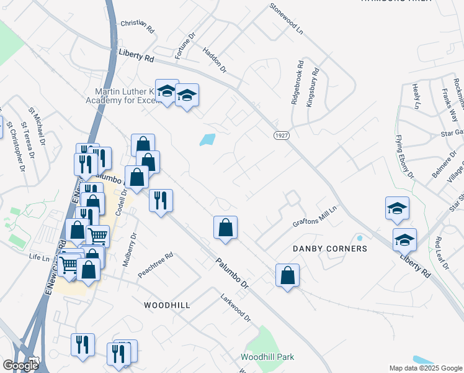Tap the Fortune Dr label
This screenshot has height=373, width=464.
point(185,45)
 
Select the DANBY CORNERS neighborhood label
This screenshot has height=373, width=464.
point(330,249)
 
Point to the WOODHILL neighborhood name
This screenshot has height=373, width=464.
point(167,305)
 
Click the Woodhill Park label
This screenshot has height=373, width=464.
point(267,357)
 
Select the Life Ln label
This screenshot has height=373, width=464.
point(38,257)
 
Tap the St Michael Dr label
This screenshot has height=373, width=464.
point(37,125)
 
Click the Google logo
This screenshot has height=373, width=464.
point(20,365)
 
